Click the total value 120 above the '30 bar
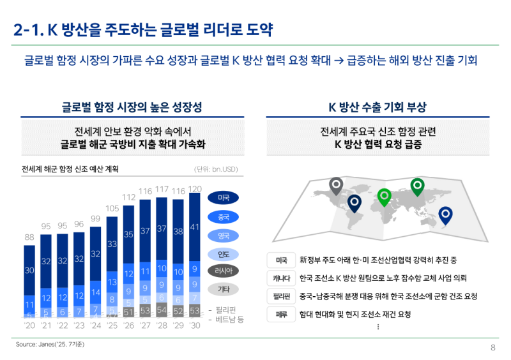pyautogui.click(x=195, y=189)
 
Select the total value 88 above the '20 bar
pyautogui.click(x=29, y=237)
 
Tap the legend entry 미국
pyautogui.click(x=224, y=197)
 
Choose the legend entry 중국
pyautogui.click(x=224, y=216)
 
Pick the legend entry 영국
pyautogui.click(x=224, y=235)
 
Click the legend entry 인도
pyautogui.click(x=224, y=253)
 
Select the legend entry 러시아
pyautogui.click(x=224, y=271)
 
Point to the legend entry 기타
pyautogui.click(x=224, y=289)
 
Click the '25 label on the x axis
pyautogui.click(x=112, y=325)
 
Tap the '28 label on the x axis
pyautogui.click(x=162, y=325)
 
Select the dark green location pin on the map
pyautogui.click(x=417, y=186)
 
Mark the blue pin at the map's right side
pyautogui.click(x=446, y=216)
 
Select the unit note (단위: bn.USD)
pyautogui.click(x=216, y=170)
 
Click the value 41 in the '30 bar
pyautogui.click(x=195, y=227)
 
